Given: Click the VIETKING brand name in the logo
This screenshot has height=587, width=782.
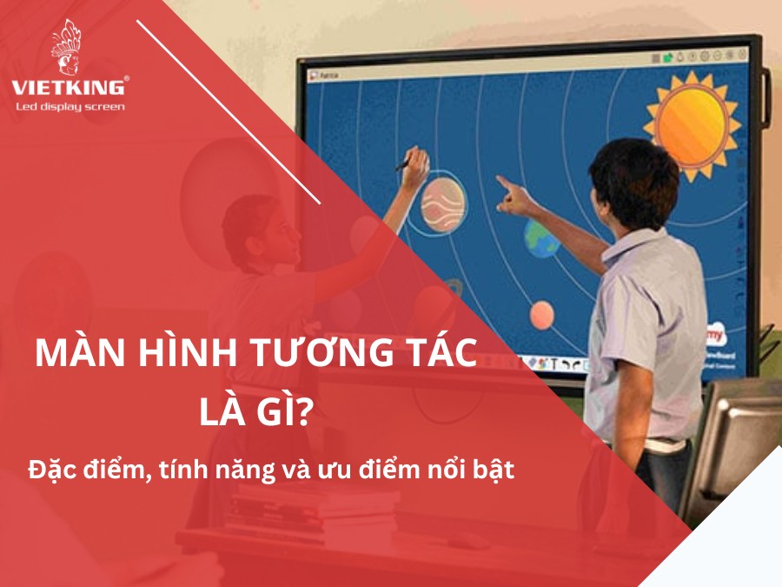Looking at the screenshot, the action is pos(69,88).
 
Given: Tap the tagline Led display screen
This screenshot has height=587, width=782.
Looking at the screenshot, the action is pos(70,107).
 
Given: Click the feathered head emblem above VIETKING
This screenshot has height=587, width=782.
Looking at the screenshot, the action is pos(66,47).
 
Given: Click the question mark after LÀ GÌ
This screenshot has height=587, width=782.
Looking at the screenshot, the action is pos(301,412).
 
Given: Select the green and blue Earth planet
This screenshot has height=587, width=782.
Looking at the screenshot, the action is pos(540,239).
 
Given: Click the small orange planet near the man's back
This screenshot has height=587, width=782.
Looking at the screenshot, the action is pos(541,315).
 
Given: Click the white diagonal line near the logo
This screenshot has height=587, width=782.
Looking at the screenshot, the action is pos(229,112).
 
